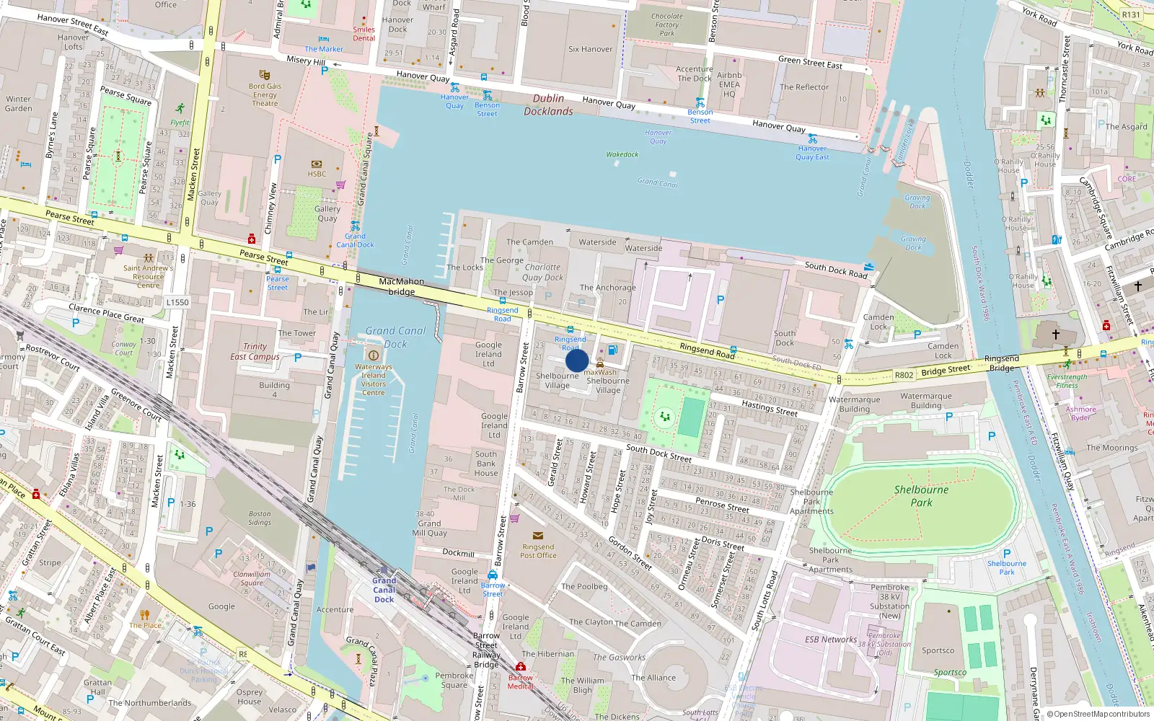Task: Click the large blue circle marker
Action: pos(577,360)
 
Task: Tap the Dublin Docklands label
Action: pos(548,105)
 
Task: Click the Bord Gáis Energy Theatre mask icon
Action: pos(265,74)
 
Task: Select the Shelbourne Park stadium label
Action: pos(921,496)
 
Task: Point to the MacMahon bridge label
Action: pos(402,286)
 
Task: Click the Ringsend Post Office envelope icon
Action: pos(538,536)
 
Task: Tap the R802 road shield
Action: pos(904,375)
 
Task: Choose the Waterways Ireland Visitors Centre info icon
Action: pos(373,355)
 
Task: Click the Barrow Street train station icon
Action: pos(493,575)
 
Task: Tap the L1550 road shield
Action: pos(177,302)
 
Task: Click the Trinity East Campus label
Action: pos(255,351)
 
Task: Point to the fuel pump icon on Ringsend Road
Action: pos(612,350)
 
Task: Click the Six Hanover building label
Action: pos(590,49)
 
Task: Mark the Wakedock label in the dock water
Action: pos(622,154)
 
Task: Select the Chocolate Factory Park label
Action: pos(667,25)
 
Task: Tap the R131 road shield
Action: pos(1131,14)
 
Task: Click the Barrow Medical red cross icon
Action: pos(521,666)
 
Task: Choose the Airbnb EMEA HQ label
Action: pos(729,84)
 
